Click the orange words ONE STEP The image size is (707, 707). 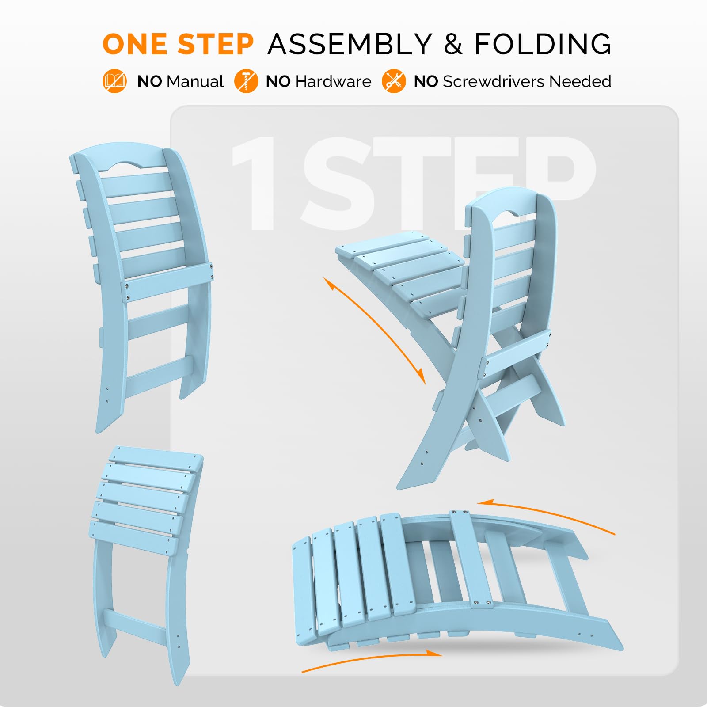tap(178, 44)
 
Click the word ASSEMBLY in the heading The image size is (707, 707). tap(350, 44)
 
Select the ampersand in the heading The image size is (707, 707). tap(453, 44)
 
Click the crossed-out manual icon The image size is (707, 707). tap(114, 81)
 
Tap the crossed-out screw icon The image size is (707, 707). tap(246, 81)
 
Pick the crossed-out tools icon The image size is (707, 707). tap(393, 81)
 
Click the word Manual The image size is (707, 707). tap(195, 82)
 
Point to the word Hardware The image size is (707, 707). tap(333, 82)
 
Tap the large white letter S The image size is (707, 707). tap(338, 183)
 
